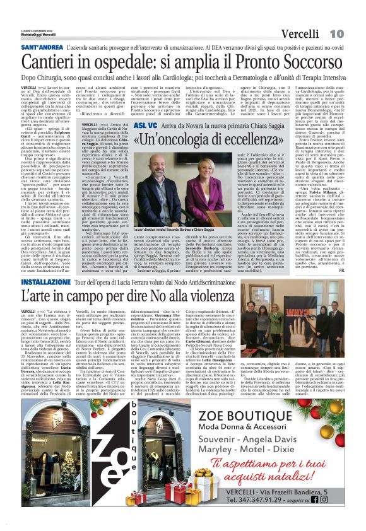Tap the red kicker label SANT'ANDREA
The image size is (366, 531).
point(42,48)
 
